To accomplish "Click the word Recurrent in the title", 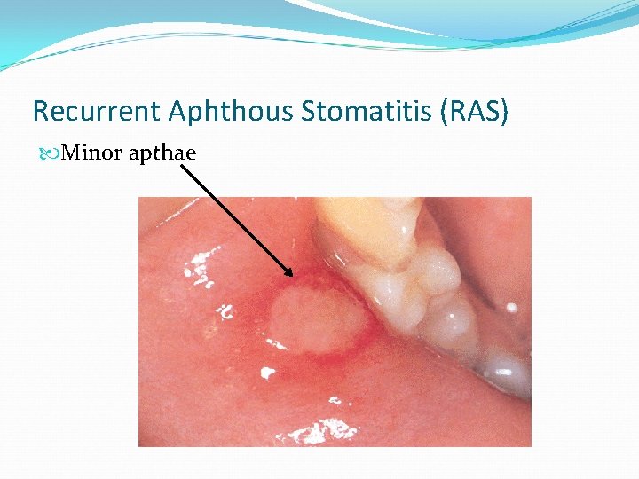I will (79, 111).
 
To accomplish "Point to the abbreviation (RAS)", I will (479, 111).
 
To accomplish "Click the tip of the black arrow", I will (293, 276).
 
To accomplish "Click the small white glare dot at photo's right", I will (511, 307).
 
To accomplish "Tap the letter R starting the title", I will (40, 111).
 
